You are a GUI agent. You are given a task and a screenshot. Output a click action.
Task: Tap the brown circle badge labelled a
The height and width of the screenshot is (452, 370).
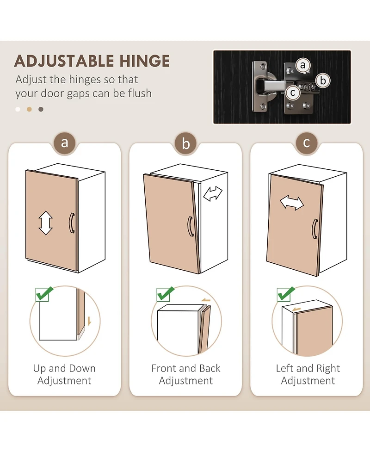pos(65,143)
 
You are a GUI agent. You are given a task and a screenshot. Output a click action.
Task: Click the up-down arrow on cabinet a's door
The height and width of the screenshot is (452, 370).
pos(45,223)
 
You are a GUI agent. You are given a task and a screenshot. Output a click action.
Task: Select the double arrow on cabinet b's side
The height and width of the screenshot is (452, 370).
pos(213,193)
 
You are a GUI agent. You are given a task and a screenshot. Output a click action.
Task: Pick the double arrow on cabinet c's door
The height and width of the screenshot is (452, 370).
pos(292,203)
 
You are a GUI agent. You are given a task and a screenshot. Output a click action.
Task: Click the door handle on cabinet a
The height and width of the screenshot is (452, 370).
pos(72,223)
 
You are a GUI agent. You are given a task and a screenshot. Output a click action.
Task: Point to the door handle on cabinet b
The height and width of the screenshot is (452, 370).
pos(191,227)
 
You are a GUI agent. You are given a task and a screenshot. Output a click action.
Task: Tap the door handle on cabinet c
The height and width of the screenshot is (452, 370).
pos(315,229)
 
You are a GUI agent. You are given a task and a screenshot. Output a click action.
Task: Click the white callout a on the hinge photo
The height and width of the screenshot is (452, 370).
pos(302,65)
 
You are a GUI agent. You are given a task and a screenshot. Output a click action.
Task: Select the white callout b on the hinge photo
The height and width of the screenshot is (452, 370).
pos(323,80)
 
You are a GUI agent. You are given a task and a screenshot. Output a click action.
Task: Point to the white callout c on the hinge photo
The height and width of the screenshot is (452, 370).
pos(293,93)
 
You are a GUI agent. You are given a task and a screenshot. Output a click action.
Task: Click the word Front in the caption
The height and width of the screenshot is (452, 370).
pos(164,368)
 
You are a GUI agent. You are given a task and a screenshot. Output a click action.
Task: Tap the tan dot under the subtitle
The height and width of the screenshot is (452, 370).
pos(29,109)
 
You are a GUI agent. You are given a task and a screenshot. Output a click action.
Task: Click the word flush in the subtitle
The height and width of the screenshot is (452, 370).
pos(140,93)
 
